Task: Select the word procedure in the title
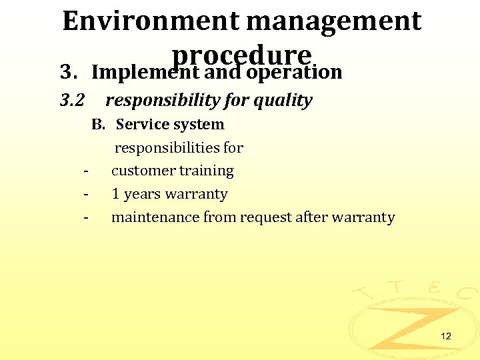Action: coord(241,54)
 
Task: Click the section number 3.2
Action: coord(72,101)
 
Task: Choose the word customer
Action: coord(139,171)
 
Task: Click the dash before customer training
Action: coord(87,171)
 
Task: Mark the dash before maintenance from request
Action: coord(87,218)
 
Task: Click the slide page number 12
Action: coord(446,336)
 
